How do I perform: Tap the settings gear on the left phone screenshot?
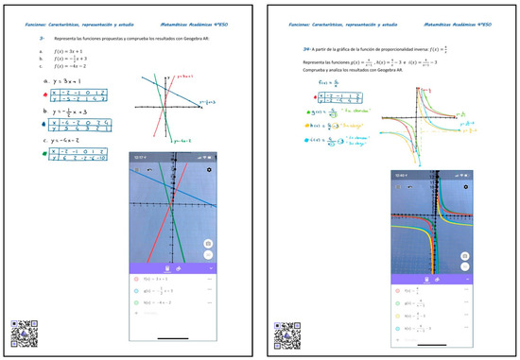tap(209, 170)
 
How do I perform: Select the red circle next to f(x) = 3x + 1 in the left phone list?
tap(136, 280)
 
